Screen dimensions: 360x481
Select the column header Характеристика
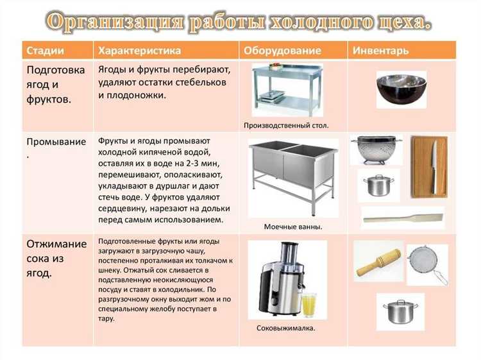[139, 50]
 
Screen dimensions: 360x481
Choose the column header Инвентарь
[381, 50]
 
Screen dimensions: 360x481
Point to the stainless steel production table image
[284, 89]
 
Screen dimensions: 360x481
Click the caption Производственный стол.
[286, 126]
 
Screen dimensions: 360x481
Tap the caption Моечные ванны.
[292, 227]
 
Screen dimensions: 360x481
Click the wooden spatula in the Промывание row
[402, 218]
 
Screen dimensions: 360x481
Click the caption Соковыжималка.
[285, 328]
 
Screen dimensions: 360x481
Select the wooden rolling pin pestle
[378, 262]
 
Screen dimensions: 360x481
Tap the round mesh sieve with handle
[425, 263]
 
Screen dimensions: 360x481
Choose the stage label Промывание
[56, 141]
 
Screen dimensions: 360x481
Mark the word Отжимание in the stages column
[56, 244]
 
